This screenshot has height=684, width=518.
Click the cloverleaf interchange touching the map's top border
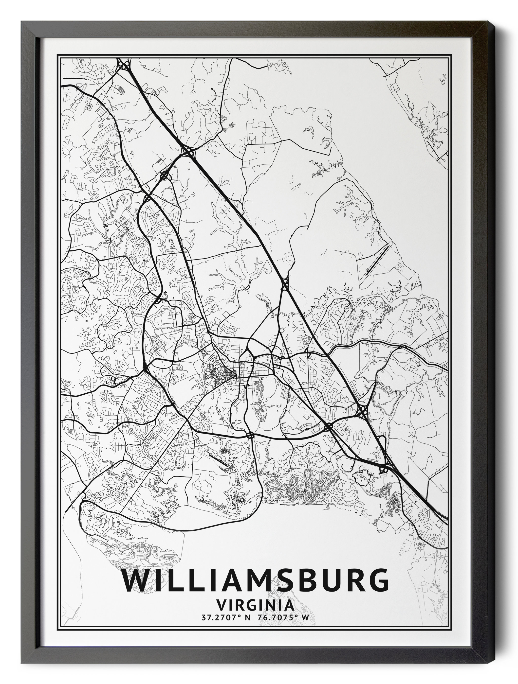[x=124, y=65]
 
